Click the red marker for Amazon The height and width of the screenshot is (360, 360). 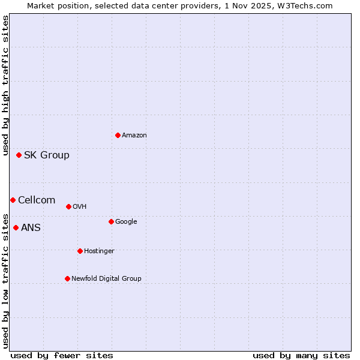(x=118, y=135)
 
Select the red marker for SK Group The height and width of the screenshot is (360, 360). (x=19, y=155)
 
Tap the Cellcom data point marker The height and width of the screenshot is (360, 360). (x=13, y=200)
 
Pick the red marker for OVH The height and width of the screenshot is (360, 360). (x=68, y=206)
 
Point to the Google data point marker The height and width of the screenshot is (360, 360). (x=111, y=221)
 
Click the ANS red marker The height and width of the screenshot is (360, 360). (x=16, y=227)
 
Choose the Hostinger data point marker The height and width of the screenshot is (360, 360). (x=80, y=251)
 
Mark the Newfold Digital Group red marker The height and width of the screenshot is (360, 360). (x=67, y=278)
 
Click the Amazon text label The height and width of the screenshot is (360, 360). (x=134, y=136)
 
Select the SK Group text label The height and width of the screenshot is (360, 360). (x=47, y=155)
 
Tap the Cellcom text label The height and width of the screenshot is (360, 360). (x=37, y=200)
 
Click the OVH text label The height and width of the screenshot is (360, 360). (x=80, y=207)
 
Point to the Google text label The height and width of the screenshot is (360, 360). (x=126, y=222)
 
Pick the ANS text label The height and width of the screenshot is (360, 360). (x=31, y=228)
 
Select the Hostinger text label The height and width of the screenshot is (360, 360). (x=99, y=251)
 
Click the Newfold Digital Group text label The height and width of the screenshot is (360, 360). (x=106, y=279)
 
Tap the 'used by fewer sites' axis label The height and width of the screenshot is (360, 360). (x=62, y=355)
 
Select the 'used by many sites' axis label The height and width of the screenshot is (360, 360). (x=301, y=355)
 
